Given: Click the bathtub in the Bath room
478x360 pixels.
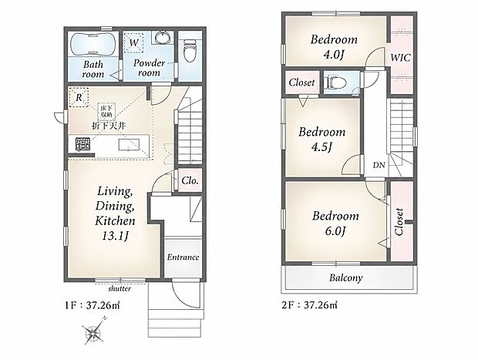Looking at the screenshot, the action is (x=93, y=44).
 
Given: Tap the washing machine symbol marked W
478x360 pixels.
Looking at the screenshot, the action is (x=134, y=42).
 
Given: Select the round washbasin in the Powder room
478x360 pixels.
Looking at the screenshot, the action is (x=162, y=38).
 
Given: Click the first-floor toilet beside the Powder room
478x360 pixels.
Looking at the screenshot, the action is (x=190, y=51).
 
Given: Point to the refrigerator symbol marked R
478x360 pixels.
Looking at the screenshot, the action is (x=79, y=98).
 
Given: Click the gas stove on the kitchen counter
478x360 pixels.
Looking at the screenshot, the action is (x=83, y=144).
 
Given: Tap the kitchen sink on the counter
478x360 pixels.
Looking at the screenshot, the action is (x=129, y=145).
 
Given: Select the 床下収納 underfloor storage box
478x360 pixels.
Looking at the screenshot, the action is (x=106, y=112).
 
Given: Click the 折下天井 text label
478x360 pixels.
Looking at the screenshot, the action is (x=109, y=126).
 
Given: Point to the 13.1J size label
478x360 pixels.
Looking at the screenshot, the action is (x=116, y=236).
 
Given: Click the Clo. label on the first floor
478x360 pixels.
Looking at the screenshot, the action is (x=190, y=180).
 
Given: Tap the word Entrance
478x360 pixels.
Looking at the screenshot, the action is (x=183, y=257).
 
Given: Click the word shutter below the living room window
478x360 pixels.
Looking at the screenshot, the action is (x=119, y=288).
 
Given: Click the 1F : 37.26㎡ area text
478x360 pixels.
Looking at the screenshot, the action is (x=93, y=304).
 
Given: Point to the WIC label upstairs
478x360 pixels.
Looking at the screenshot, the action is (x=401, y=58).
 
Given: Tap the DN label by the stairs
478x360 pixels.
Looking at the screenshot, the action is (x=379, y=165).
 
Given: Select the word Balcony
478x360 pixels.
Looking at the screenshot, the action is (x=346, y=278).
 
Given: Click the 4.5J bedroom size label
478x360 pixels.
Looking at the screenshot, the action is (x=321, y=147).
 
